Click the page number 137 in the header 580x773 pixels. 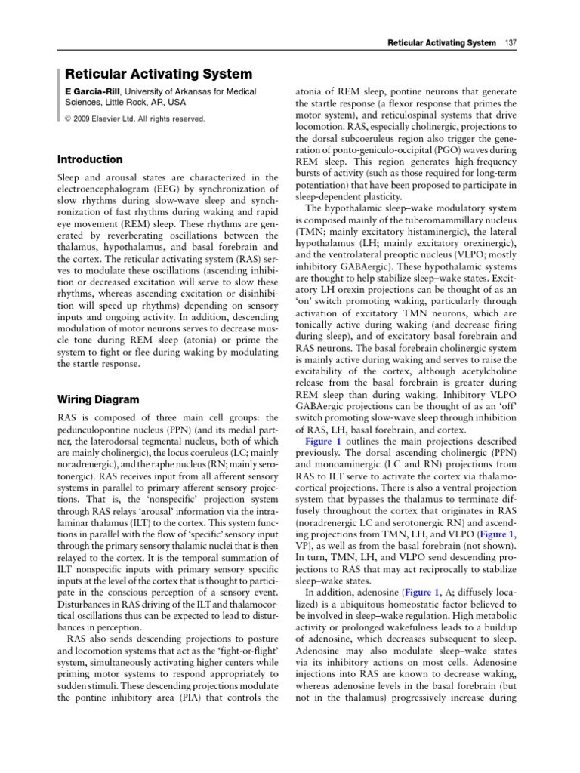pos(511,42)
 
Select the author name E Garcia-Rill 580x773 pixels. pos(91,91)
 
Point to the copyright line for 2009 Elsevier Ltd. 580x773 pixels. pos(134,119)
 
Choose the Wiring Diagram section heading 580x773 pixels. pos(99,399)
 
